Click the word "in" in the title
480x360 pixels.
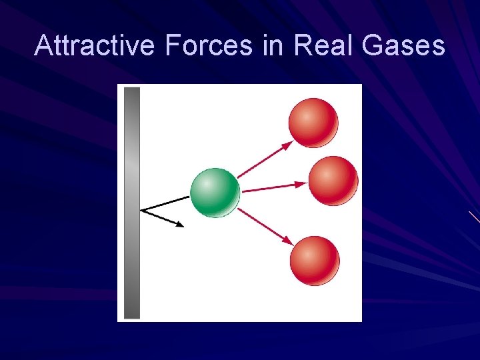click(271, 46)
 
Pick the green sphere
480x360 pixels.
click(215, 192)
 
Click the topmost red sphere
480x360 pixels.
click(313, 122)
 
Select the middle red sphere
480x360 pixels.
click(333, 181)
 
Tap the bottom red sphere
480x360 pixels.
click(314, 260)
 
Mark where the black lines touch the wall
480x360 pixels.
click(141, 211)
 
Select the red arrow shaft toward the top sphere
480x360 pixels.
click(263, 159)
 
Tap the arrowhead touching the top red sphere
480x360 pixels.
click(287, 144)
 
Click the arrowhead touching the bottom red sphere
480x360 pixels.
click(288, 241)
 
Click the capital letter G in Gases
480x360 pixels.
click(377, 46)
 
